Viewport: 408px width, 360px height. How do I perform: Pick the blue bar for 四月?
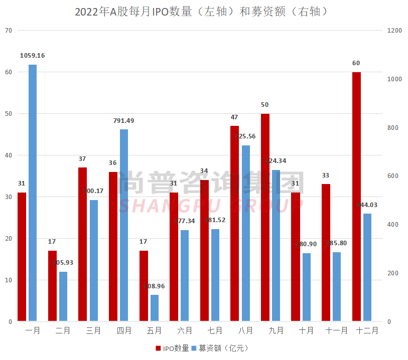[x=124, y=225]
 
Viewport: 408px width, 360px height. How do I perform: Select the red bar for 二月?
[x=52, y=286]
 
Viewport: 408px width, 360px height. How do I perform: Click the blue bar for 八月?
[x=246, y=233]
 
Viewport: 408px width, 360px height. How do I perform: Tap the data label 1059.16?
[x=33, y=56]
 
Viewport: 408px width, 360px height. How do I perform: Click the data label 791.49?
[x=124, y=121]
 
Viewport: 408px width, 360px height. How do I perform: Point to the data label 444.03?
[x=367, y=205]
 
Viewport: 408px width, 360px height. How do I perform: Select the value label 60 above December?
[x=356, y=63]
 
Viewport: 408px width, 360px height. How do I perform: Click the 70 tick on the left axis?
[x=8, y=31]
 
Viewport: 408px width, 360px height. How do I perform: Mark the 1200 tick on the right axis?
[x=395, y=31]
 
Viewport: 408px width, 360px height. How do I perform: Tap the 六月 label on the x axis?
[x=185, y=331]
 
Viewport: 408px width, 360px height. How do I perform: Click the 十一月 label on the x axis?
[x=336, y=331]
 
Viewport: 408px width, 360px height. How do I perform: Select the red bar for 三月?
[x=83, y=244]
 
